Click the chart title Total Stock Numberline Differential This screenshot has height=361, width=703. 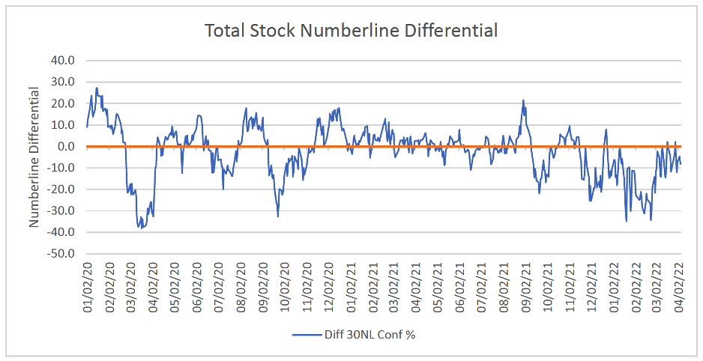point(351,31)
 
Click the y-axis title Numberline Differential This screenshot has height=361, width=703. point(34,157)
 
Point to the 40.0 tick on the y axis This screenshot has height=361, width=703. point(65,61)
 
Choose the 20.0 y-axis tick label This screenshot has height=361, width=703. point(65,103)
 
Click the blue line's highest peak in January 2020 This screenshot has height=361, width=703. point(97,88)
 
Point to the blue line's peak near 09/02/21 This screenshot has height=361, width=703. point(523,100)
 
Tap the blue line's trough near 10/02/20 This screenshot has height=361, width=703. point(278,216)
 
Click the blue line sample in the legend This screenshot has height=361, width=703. point(307,335)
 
